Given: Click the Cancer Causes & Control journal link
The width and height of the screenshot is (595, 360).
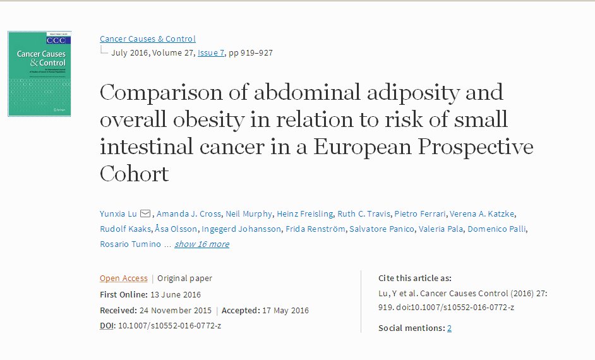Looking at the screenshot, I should tap(148, 39).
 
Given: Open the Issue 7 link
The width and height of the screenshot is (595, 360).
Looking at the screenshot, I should tap(211, 52).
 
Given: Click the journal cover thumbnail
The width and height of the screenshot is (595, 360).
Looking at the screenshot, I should tap(39, 74).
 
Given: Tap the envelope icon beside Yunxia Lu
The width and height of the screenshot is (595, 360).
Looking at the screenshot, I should tap(145, 213).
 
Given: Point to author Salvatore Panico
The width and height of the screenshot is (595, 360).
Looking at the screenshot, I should tap(382, 229).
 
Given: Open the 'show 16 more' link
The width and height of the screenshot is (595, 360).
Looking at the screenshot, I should tap(201, 244).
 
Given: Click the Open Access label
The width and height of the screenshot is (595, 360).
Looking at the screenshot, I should tap(123, 278).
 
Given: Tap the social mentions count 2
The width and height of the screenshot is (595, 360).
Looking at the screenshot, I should tap(449, 328).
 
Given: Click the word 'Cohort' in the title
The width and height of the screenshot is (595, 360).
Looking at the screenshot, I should tap(135, 174).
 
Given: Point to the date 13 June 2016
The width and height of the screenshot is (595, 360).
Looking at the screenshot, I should tap(175, 294).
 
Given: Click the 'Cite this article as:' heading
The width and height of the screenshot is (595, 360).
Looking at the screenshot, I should tap(414, 278).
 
